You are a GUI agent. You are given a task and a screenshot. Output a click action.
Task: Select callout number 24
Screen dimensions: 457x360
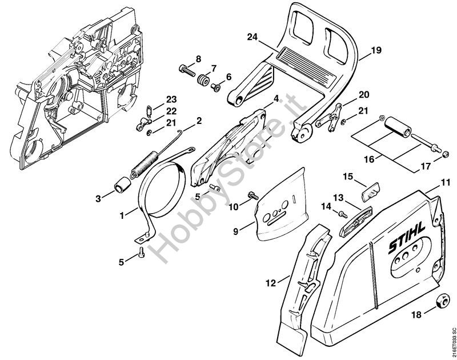[x=252, y=38]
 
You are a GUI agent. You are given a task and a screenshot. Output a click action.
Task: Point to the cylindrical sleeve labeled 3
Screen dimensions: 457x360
[x=122, y=185]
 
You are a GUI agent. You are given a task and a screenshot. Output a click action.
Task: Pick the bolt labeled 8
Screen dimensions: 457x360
[x=186, y=71]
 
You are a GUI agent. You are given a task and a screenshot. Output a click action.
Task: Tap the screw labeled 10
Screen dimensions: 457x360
[x=252, y=195]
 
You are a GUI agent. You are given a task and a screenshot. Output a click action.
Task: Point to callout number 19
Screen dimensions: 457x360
[x=376, y=50]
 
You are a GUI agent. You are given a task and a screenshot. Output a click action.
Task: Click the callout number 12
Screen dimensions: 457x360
[x=271, y=283]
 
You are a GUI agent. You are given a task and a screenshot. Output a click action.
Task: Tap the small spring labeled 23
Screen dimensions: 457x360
[x=149, y=110]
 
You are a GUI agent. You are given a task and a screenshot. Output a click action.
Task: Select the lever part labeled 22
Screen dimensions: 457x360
[x=144, y=124]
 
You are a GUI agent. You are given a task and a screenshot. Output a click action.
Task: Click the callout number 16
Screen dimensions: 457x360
[x=369, y=159]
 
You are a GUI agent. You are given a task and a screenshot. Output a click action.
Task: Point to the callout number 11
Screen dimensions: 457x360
[x=445, y=183]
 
